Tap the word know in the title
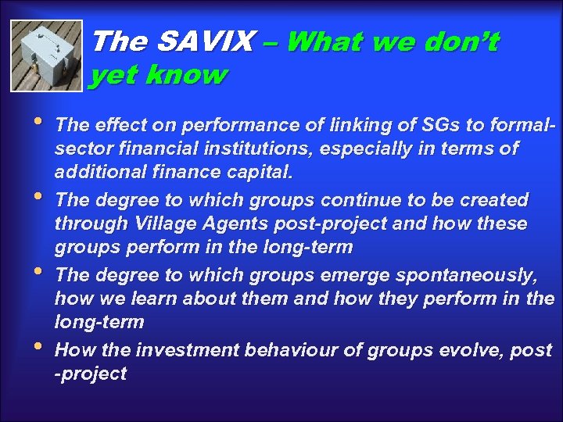tap(188, 76)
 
